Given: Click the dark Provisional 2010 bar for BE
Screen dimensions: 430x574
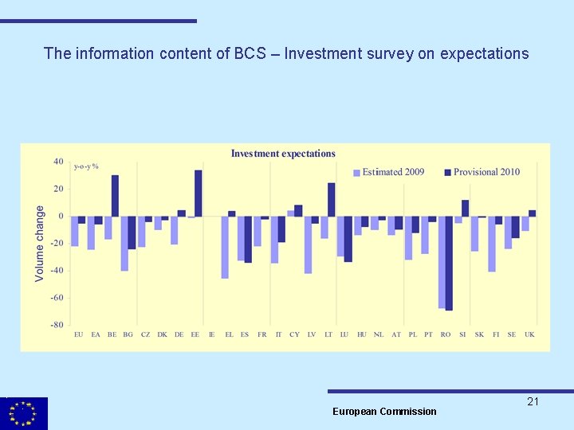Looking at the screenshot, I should click(x=115, y=196).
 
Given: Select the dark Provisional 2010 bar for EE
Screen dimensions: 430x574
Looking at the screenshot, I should click(x=199, y=193).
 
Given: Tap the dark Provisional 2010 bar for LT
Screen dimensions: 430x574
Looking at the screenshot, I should click(x=332, y=199).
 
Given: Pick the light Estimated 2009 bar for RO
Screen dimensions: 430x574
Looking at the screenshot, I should click(x=442, y=262).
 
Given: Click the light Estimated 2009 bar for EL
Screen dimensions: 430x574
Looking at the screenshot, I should click(x=225, y=247).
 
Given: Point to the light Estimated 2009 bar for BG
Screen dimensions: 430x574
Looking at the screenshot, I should click(x=124, y=243).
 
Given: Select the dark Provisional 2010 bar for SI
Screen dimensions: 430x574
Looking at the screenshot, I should click(x=466, y=208).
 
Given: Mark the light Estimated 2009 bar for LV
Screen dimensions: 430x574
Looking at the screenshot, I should click(x=308, y=244).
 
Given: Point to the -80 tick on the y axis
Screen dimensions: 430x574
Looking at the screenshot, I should click(x=58, y=325).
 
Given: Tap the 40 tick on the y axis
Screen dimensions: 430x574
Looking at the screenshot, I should click(x=59, y=162).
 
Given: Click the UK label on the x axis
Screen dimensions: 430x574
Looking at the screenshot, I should click(x=529, y=335).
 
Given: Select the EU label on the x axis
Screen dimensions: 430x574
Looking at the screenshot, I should click(x=78, y=335).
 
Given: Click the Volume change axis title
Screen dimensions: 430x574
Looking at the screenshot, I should click(x=40, y=243).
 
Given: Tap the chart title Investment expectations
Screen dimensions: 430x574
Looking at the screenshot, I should click(x=283, y=154).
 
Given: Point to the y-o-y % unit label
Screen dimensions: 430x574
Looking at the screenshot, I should click(x=86, y=166).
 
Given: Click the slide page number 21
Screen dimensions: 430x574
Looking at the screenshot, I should click(x=533, y=402).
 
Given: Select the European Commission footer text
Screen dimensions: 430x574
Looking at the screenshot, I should click(x=384, y=412).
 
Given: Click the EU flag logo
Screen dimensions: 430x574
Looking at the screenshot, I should click(x=24, y=413).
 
